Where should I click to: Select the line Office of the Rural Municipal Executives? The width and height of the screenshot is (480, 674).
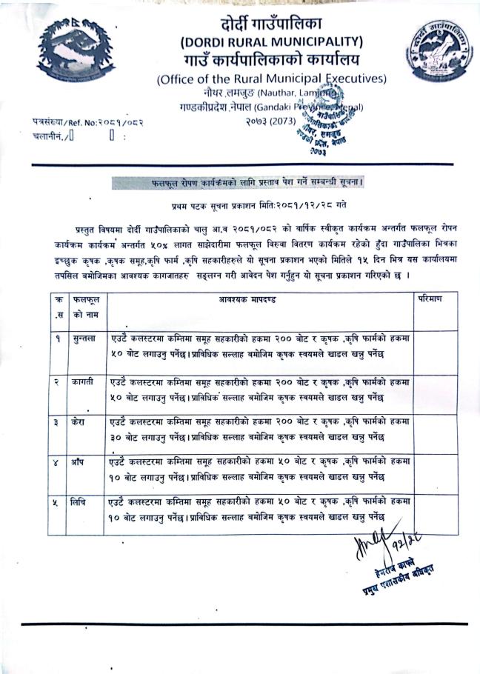click(271, 79)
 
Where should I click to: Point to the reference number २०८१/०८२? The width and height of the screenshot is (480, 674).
click(121, 121)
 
